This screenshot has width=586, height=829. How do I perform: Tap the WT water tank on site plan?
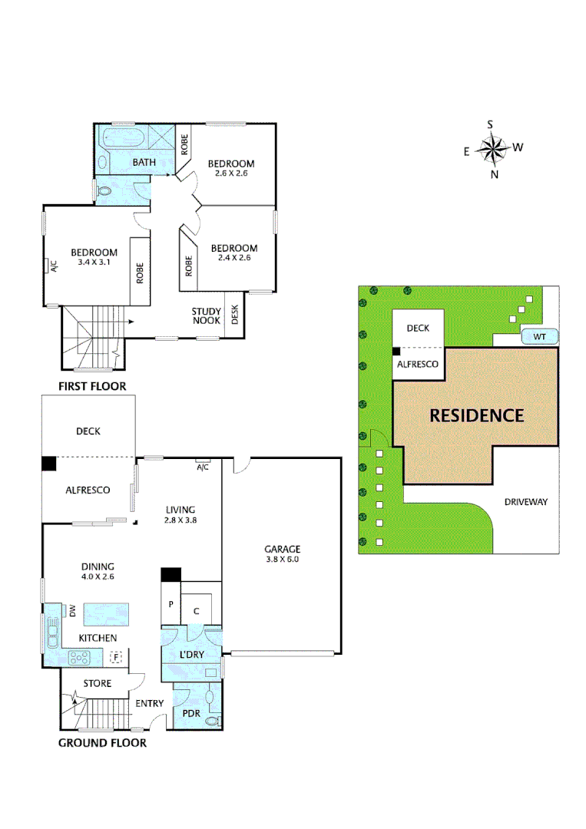click(x=539, y=337)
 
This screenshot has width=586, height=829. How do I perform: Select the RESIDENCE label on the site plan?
click(x=476, y=415)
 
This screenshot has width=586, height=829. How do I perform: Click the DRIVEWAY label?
click(x=525, y=502)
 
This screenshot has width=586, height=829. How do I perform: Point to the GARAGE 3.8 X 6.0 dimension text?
click(x=283, y=560)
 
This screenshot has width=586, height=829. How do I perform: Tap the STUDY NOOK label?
click(x=207, y=316)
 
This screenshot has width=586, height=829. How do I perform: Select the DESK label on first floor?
click(x=235, y=315)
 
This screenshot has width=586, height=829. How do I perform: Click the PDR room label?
click(x=191, y=713)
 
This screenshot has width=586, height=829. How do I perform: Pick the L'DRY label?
click(x=191, y=655)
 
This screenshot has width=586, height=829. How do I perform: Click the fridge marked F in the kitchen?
click(x=115, y=657)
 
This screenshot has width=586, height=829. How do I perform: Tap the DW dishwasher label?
click(x=72, y=611)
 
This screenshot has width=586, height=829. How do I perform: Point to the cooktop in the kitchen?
click(x=79, y=659)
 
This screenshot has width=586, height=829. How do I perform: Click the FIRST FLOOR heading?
click(x=93, y=386)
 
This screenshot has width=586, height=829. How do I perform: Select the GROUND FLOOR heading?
click(x=102, y=743)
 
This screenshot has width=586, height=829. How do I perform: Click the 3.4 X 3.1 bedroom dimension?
click(x=94, y=263)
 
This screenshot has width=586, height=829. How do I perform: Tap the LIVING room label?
click(x=180, y=510)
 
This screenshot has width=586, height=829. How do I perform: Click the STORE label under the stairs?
click(x=98, y=684)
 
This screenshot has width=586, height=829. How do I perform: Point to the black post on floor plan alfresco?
click(x=49, y=464)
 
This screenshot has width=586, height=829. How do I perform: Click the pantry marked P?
click(x=171, y=604)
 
